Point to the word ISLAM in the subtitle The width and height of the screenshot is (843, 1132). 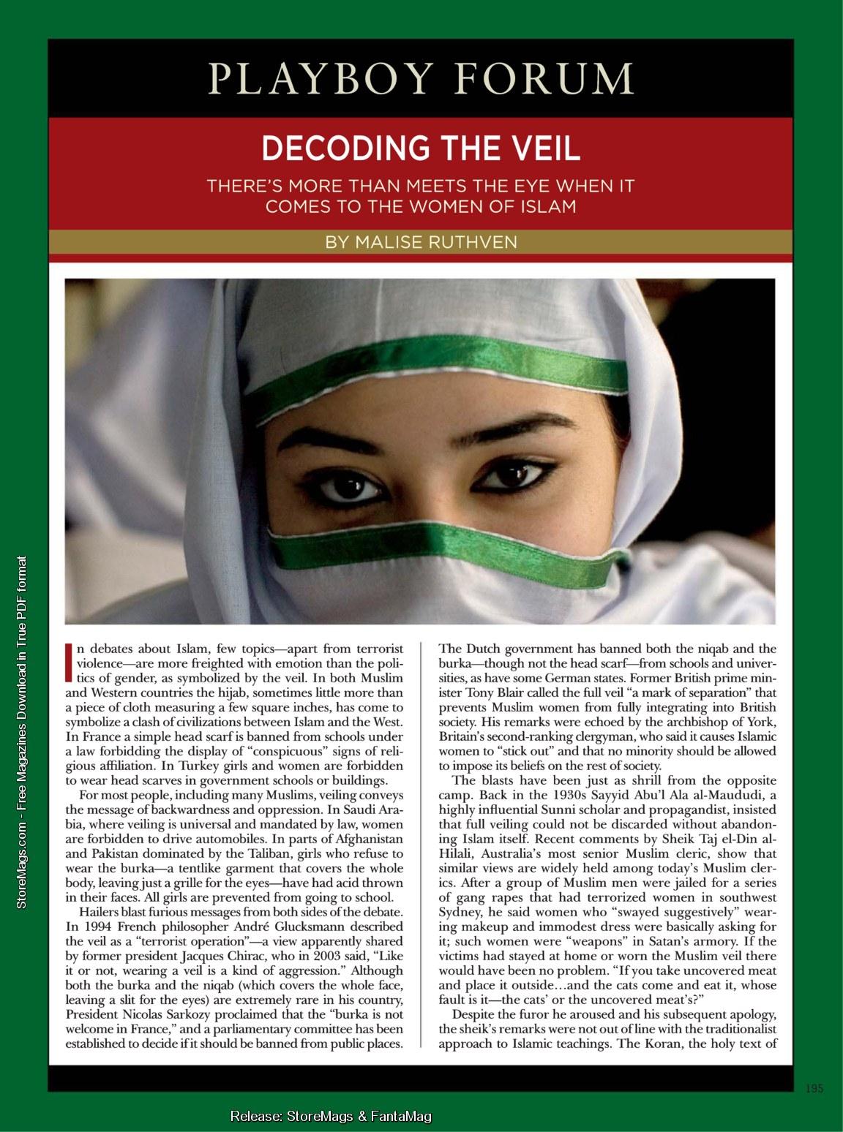click(548, 206)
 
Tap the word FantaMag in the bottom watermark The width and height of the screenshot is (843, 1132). click(400, 1116)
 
